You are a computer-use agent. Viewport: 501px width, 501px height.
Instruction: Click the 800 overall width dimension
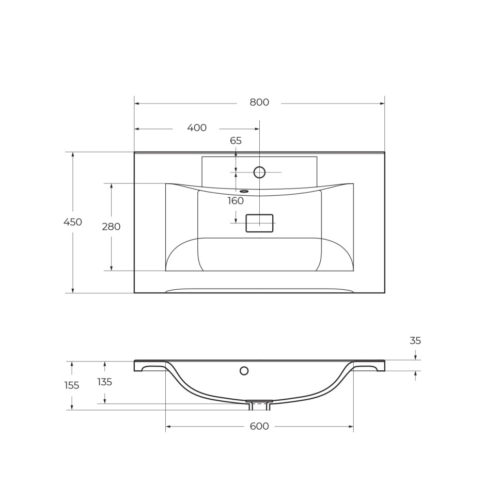click(x=259, y=102)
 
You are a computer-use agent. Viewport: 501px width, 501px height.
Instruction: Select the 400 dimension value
click(x=197, y=128)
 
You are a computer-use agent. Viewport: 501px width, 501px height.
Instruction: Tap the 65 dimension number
click(x=236, y=140)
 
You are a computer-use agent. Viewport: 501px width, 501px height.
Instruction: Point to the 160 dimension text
click(x=236, y=201)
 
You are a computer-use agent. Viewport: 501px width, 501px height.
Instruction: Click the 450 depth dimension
click(x=72, y=222)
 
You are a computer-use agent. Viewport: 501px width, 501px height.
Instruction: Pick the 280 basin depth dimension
click(x=111, y=226)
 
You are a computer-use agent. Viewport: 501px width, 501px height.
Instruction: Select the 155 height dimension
click(x=72, y=385)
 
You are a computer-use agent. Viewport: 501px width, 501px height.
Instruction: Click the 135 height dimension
click(x=104, y=382)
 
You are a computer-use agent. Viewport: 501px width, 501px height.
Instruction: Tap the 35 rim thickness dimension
click(x=415, y=341)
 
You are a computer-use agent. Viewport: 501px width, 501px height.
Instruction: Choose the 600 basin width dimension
click(x=259, y=426)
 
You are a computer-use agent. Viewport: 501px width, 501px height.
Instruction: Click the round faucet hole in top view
click(x=259, y=173)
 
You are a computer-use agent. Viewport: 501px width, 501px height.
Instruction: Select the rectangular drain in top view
click(x=259, y=223)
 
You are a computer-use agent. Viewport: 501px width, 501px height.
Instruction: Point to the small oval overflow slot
click(x=244, y=191)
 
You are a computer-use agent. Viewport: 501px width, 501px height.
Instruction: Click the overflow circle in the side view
click(x=244, y=370)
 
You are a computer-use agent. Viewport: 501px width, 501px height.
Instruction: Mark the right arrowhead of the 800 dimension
click(x=382, y=103)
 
